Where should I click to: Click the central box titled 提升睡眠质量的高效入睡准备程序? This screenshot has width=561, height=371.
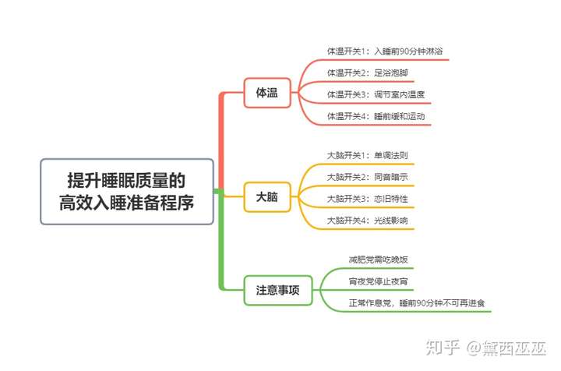(x=127, y=192)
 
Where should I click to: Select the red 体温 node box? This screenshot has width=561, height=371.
(x=267, y=93)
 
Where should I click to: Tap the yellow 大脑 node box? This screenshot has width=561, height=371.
(x=267, y=196)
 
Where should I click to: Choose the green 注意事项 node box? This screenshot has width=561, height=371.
(x=278, y=290)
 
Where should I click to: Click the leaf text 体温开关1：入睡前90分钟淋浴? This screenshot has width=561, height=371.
(x=385, y=51)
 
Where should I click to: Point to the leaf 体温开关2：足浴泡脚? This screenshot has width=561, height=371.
(x=368, y=73)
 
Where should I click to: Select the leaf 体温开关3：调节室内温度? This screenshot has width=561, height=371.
(x=376, y=94)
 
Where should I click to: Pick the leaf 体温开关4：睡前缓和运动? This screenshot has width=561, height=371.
(x=376, y=116)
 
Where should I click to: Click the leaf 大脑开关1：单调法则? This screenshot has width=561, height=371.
(x=368, y=156)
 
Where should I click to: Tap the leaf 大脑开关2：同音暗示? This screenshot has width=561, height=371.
(x=368, y=177)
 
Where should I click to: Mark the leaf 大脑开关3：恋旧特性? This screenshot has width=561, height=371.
(x=368, y=199)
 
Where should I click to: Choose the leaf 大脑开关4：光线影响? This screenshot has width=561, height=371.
(x=368, y=221)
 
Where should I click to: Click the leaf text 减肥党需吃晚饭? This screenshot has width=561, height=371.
(x=379, y=260)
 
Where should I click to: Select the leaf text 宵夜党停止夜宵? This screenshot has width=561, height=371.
(x=379, y=281)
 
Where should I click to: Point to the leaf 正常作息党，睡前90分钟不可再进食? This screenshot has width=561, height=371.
(x=417, y=303)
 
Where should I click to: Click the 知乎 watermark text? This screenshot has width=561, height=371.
(x=443, y=348)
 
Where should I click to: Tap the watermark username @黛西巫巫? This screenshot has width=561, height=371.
(x=506, y=348)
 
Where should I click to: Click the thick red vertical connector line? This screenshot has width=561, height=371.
(x=221, y=140)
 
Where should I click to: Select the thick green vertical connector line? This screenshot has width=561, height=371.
(x=221, y=240)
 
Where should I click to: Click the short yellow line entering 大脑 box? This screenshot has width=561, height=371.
(x=234, y=196)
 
